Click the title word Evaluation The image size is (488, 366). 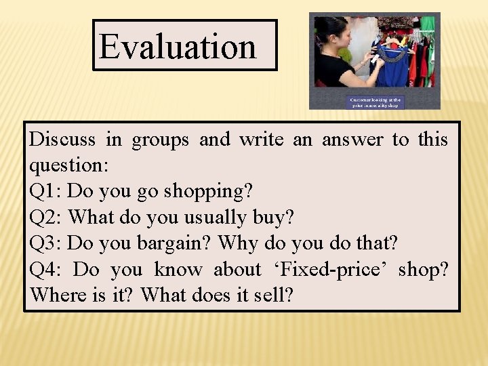pos(178,46)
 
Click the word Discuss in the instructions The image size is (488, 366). pos(62,140)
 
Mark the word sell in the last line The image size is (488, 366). pos(278,296)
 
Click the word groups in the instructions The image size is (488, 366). pos(160,140)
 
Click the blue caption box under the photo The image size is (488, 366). pos(375,102)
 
